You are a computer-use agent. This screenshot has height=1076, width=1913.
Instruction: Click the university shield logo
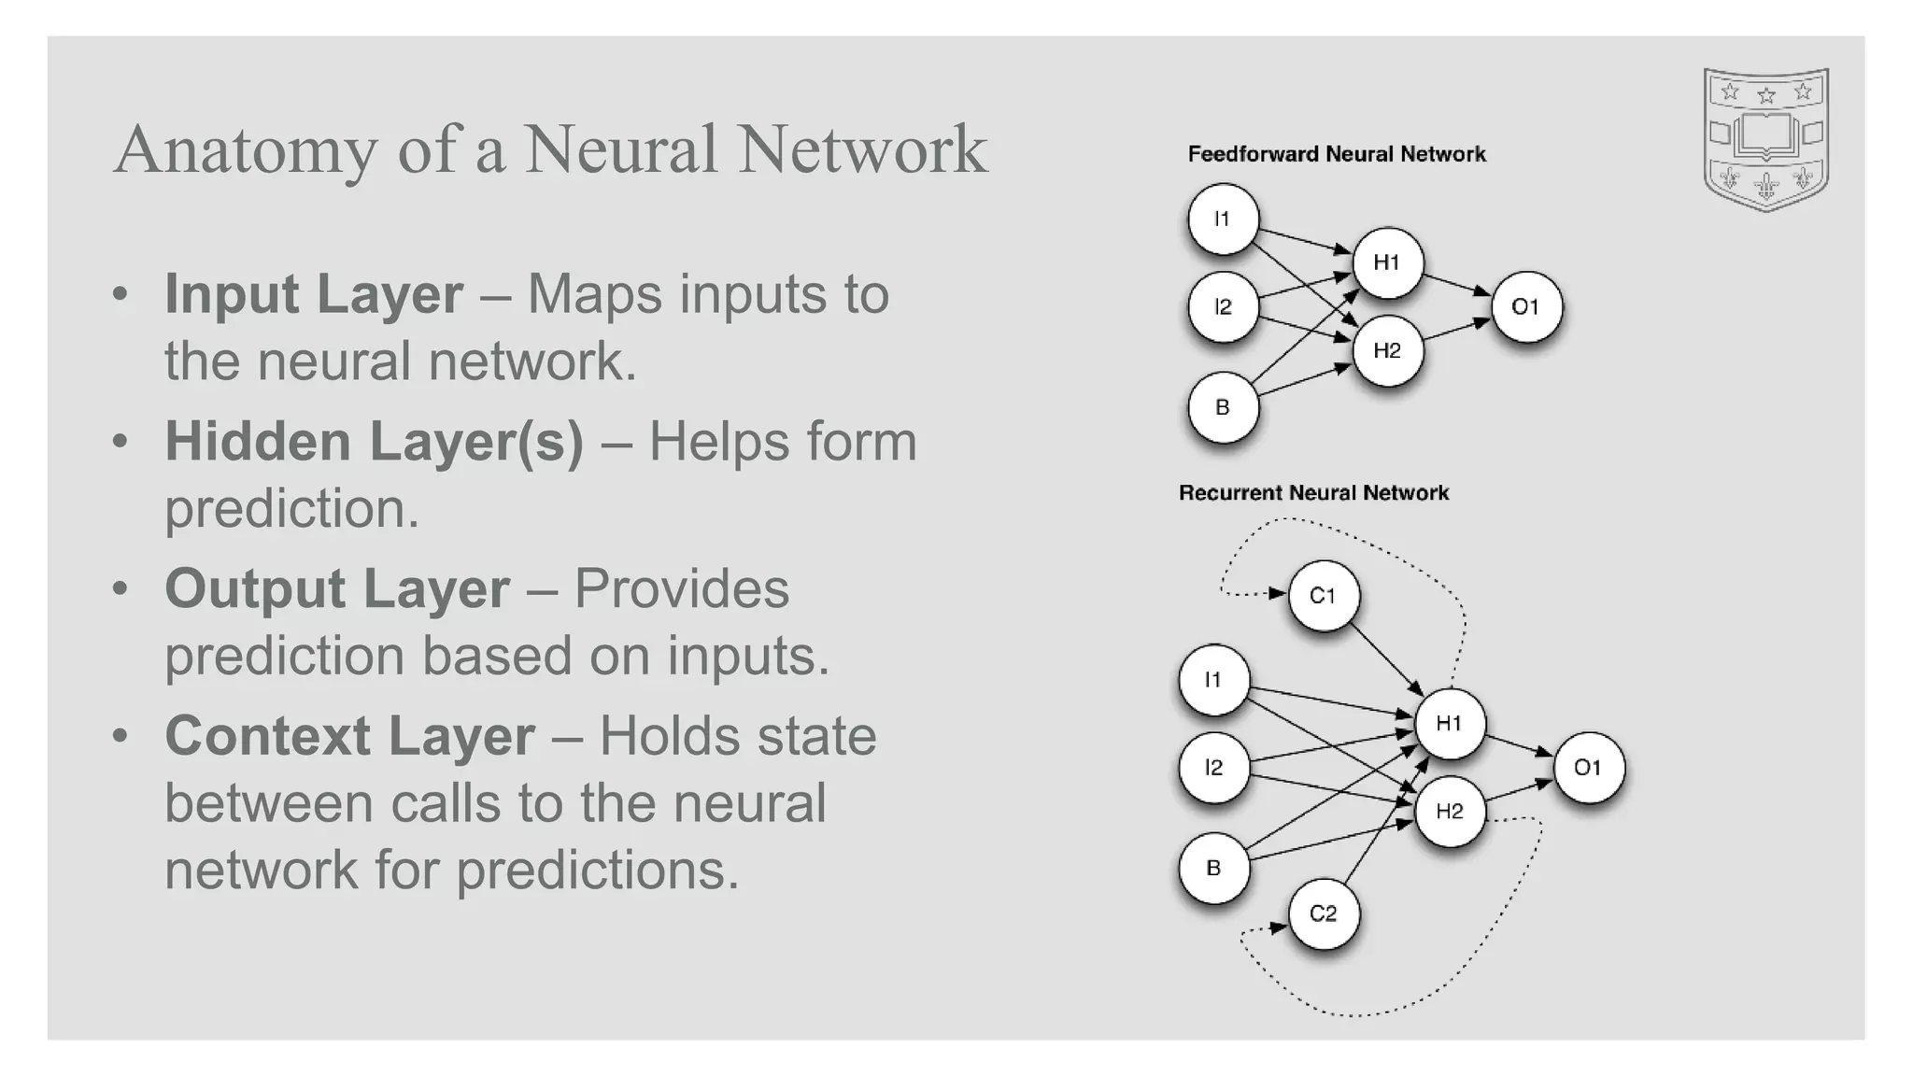[1765, 139]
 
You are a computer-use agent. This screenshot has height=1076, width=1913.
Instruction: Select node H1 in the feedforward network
[1387, 262]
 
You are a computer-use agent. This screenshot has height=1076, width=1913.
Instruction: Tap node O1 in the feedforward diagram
[1525, 306]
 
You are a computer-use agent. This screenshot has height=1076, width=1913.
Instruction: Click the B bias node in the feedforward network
[1223, 407]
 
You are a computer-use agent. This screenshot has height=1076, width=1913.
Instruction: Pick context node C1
[1323, 596]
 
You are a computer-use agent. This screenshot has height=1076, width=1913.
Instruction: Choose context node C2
[1323, 913]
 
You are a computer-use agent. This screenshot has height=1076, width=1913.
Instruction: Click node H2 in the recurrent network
[1449, 811]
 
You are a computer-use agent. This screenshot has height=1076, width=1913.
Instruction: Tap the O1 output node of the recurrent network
[1588, 768]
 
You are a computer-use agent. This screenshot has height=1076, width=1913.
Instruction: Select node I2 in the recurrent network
[1213, 768]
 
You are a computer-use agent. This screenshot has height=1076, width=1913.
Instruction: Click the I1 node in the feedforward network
[1223, 219]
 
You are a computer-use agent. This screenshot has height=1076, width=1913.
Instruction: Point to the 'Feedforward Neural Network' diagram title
[1336, 154]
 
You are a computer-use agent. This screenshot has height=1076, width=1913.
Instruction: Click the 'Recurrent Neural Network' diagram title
[1313, 493]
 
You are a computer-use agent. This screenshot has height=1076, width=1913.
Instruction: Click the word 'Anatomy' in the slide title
[245, 151]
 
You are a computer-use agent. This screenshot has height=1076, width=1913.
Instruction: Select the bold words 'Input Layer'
[314, 294]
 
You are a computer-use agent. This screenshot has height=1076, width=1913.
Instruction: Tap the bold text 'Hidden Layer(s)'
[374, 442]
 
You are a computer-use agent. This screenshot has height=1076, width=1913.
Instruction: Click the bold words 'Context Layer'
[349, 736]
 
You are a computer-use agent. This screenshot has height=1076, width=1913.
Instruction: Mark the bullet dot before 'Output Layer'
[120, 589]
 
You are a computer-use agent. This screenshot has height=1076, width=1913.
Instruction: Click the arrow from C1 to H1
[1387, 659]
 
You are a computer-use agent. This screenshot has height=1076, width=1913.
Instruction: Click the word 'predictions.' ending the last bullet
[598, 871]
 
